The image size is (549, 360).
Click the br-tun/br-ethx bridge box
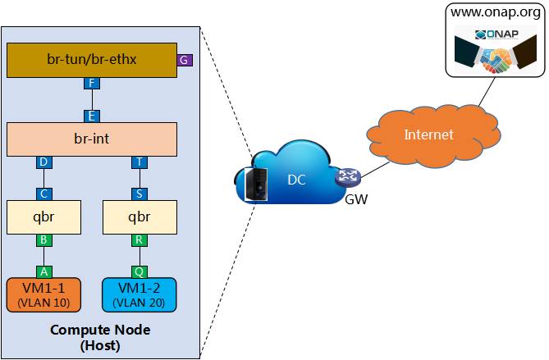(92, 60)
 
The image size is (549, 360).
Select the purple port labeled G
(185, 60)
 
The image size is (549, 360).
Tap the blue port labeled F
(92, 84)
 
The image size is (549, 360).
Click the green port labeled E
(92, 116)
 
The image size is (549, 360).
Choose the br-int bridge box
(92, 139)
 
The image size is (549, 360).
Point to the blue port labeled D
(43, 162)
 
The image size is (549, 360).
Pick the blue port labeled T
(139, 162)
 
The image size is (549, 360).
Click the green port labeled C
(43, 194)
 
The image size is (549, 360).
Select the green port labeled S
(139, 194)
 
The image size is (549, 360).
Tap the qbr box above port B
(43, 216)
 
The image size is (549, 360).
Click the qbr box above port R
(139, 216)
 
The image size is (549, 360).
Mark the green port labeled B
(43, 240)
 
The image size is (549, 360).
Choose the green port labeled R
(139, 240)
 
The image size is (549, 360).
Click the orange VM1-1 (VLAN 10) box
(43, 295)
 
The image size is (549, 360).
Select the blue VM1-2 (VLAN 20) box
(139, 295)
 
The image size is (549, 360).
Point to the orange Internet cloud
(428, 134)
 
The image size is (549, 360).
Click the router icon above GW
(344, 179)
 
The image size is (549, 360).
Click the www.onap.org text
(496, 14)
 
